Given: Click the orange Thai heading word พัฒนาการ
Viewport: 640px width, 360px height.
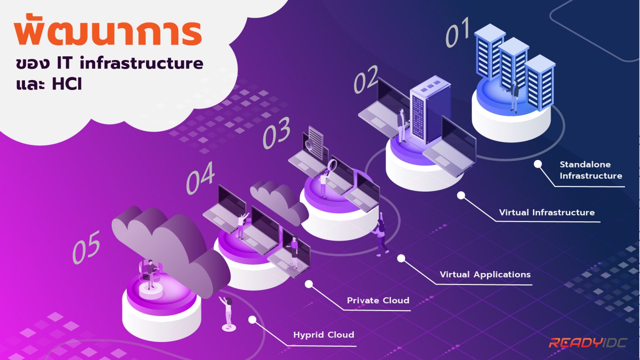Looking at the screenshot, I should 108,32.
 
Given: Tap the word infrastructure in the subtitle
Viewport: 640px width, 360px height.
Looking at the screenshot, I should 141,63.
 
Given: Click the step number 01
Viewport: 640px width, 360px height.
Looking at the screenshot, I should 458,32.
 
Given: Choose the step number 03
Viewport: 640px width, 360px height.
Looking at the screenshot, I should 276,133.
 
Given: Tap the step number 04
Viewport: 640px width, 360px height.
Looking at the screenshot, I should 200,178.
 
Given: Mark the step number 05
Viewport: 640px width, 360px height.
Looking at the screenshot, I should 86,247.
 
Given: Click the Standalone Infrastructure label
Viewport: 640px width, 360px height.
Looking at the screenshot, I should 590,170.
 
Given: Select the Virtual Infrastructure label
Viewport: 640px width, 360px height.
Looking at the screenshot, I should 547,212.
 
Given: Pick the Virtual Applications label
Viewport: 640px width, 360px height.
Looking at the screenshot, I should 485,275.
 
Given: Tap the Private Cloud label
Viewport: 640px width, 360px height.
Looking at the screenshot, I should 378,300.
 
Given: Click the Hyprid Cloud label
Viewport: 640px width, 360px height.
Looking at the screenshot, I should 324,335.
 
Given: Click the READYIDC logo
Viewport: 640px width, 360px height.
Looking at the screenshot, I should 588,343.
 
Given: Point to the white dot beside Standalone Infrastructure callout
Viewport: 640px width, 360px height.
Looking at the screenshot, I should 538,164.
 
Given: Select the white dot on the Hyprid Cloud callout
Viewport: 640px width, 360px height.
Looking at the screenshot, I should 252,320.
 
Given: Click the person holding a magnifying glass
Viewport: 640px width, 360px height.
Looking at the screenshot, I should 324,181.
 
